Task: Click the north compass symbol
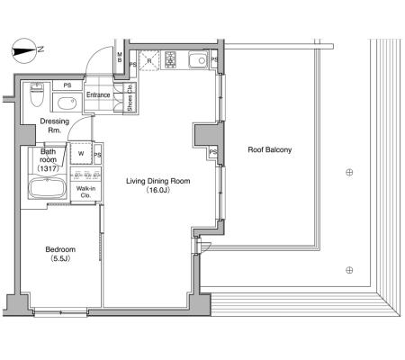(x=24, y=51)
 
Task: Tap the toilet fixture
(x=37, y=94)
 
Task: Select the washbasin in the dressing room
(x=67, y=103)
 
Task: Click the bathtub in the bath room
(x=48, y=188)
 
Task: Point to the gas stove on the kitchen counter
(x=170, y=59)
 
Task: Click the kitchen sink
(x=198, y=60)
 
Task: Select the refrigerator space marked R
(x=149, y=61)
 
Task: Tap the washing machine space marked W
(x=81, y=154)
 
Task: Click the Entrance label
(x=98, y=94)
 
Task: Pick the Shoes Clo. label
(x=130, y=97)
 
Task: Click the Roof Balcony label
(x=270, y=149)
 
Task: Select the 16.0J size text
(x=158, y=190)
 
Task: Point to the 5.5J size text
(x=60, y=258)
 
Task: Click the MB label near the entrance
(x=120, y=57)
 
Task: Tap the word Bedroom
(x=60, y=249)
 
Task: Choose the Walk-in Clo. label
(x=85, y=192)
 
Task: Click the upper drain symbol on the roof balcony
(x=349, y=172)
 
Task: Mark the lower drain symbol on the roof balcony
(x=349, y=270)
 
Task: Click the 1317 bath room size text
(x=48, y=168)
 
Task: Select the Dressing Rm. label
(x=55, y=126)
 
